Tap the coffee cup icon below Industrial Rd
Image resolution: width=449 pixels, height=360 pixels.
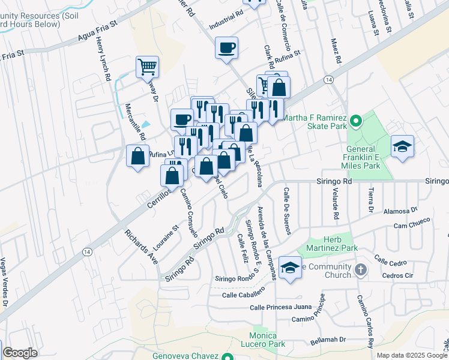(x=227, y=47)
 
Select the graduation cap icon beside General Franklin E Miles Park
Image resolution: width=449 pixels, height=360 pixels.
(x=402, y=146)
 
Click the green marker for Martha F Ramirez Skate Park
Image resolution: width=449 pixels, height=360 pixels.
(x=355, y=122)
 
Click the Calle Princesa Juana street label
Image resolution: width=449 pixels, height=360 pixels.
(x=282, y=308)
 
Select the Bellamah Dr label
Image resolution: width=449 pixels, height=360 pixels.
(x=330, y=340)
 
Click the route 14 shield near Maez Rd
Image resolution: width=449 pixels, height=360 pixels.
(x=328, y=79)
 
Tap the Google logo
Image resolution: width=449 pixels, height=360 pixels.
(x=20, y=353)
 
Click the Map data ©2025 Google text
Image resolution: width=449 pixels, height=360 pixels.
(x=411, y=355)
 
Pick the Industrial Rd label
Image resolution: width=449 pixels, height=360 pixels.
(x=226, y=20)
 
